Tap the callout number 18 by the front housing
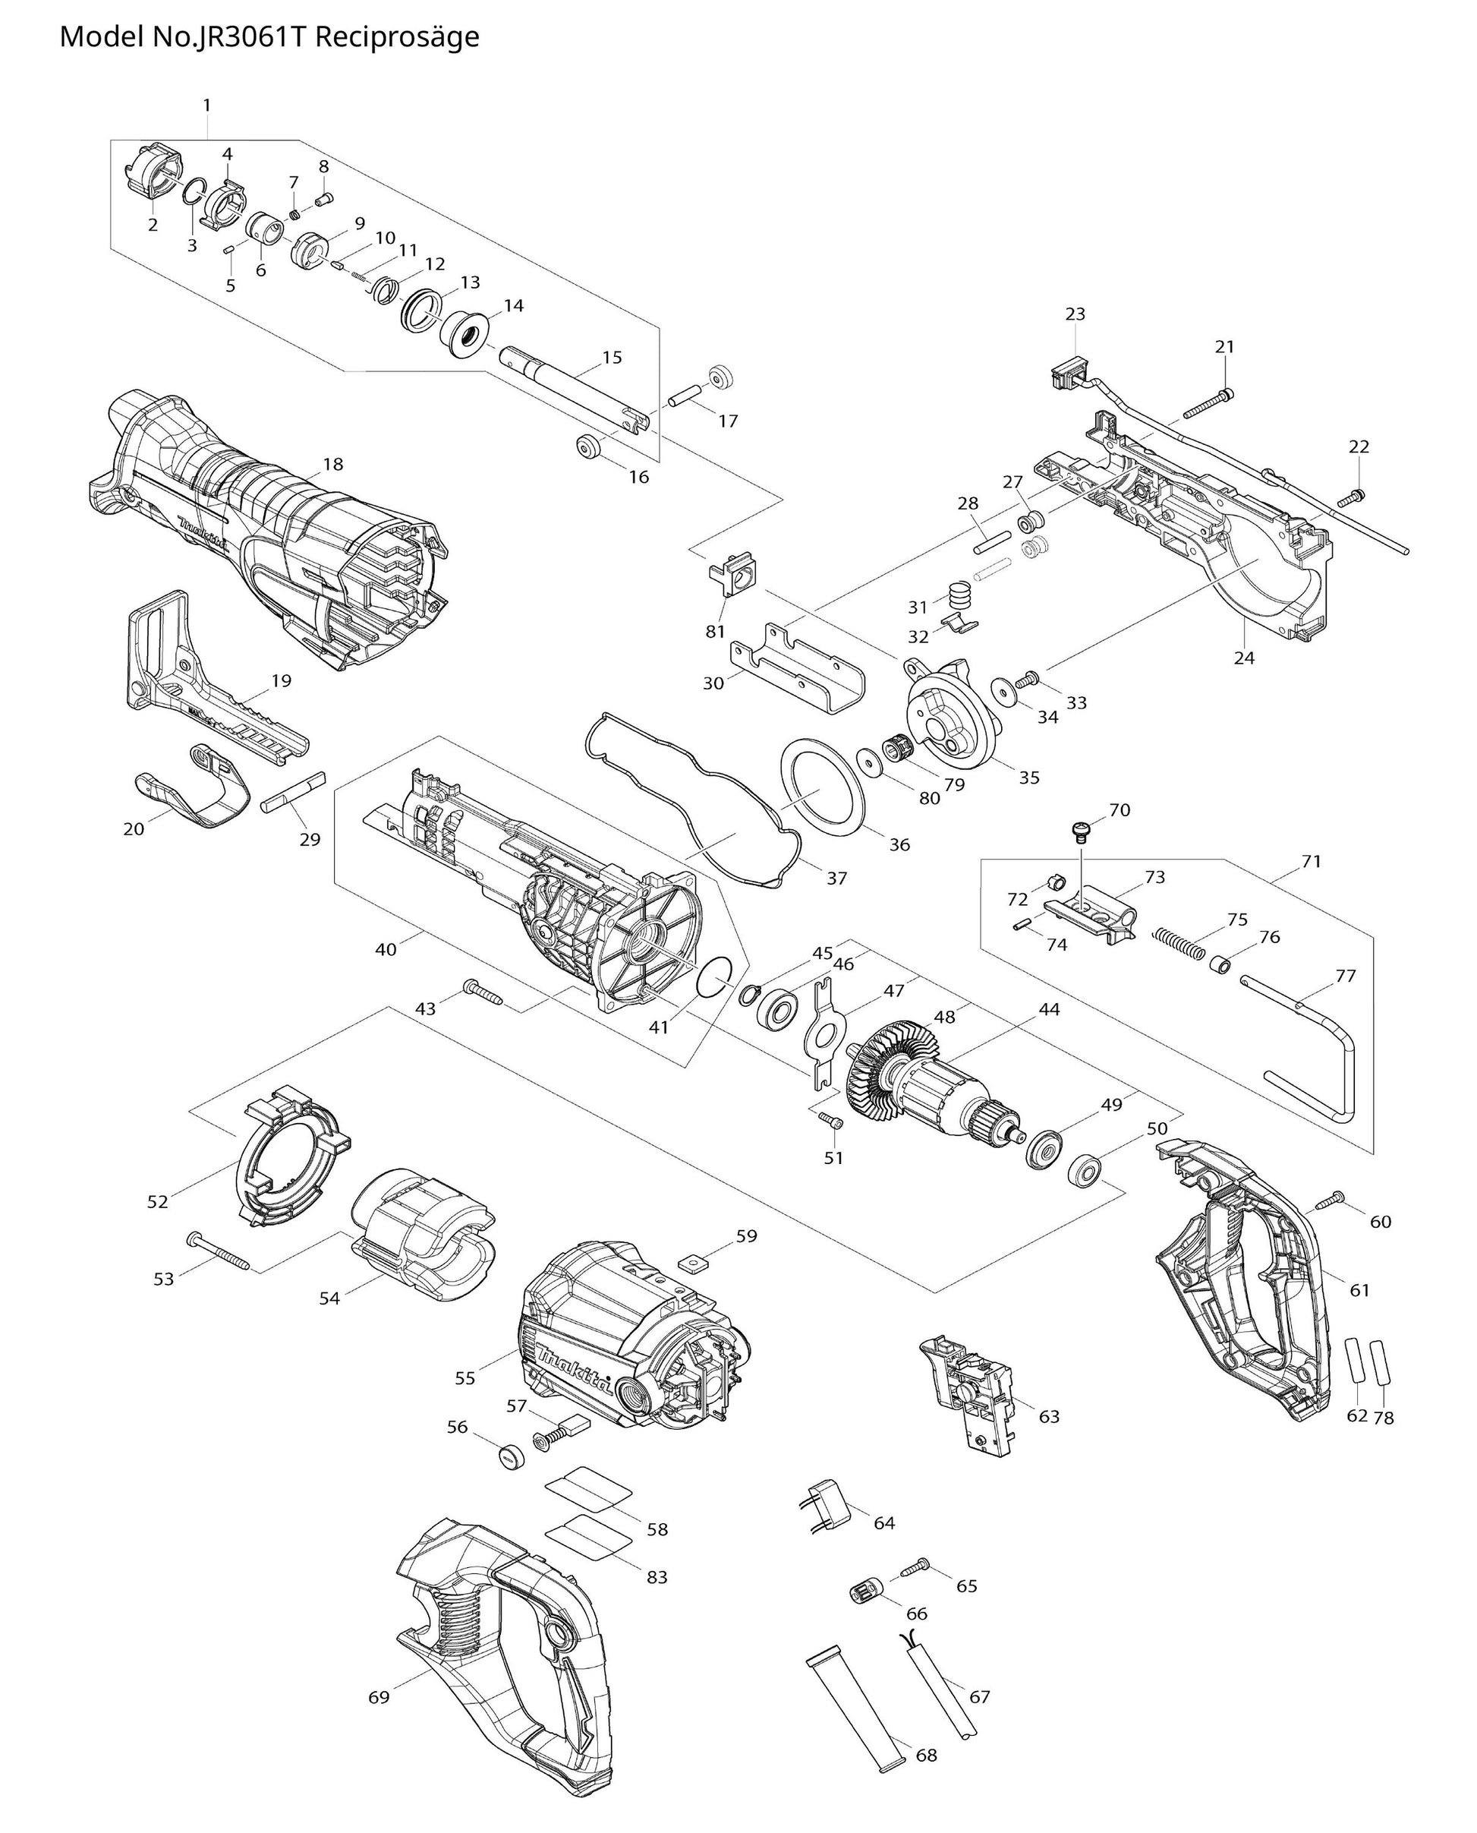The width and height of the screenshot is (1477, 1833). tap(332, 465)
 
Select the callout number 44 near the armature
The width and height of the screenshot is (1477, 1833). tap(1050, 1009)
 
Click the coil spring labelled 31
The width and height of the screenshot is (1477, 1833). tap(959, 594)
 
